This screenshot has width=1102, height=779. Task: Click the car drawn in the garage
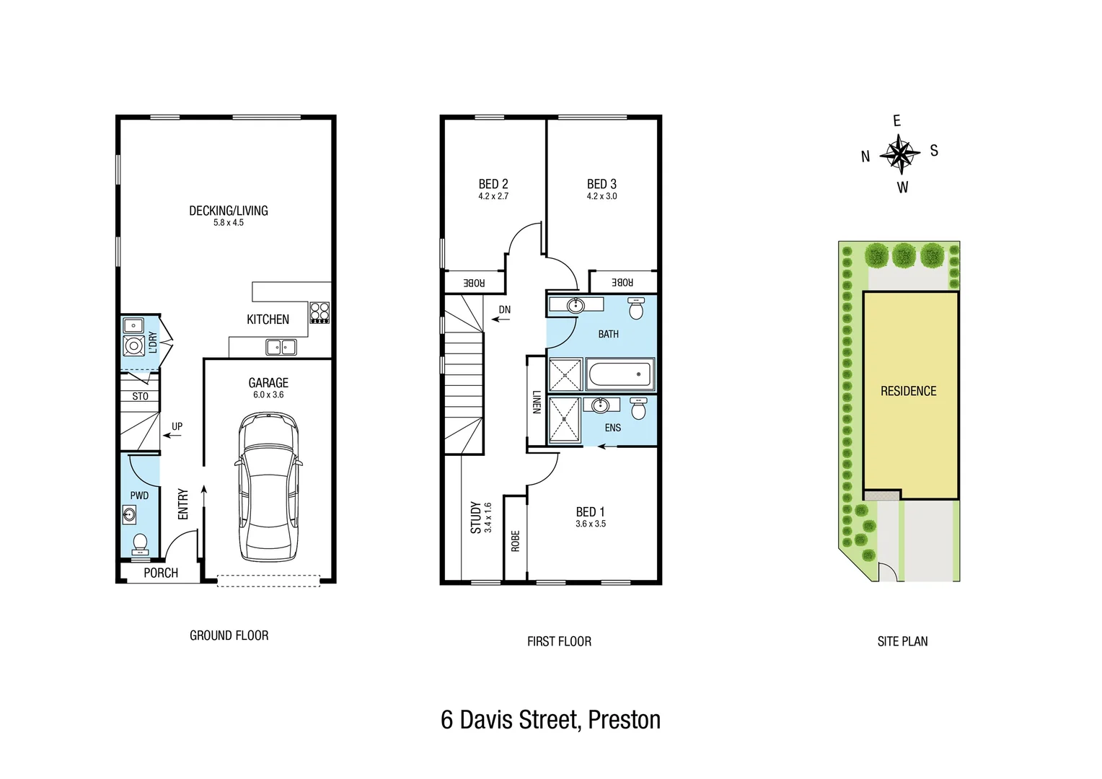click(268, 487)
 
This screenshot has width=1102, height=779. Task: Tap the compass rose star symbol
click(900, 154)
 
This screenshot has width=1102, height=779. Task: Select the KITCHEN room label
click(268, 320)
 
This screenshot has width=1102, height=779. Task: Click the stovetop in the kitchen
click(319, 312)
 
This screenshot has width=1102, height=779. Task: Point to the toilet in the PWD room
click(140, 542)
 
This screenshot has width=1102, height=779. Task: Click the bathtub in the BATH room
click(620, 375)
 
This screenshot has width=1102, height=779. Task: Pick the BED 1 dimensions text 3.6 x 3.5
click(590, 524)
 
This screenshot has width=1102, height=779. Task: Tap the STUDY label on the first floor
click(475, 517)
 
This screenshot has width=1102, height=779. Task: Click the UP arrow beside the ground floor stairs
click(172, 435)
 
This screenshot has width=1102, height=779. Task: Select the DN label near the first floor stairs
click(504, 310)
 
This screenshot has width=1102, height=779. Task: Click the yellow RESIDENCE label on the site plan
click(908, 391)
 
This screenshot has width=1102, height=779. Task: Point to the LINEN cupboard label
click(536, 402)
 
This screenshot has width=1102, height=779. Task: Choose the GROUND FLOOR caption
click(229, 635)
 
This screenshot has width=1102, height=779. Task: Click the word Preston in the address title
click(624, 720)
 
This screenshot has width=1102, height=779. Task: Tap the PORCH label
click(160, 573)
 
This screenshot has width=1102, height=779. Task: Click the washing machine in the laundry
click(133, 346)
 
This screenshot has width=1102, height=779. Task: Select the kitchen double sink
click(281, 348)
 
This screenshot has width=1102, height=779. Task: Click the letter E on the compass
click(896, 120)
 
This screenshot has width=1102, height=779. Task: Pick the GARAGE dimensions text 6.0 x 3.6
click(268, 395)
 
